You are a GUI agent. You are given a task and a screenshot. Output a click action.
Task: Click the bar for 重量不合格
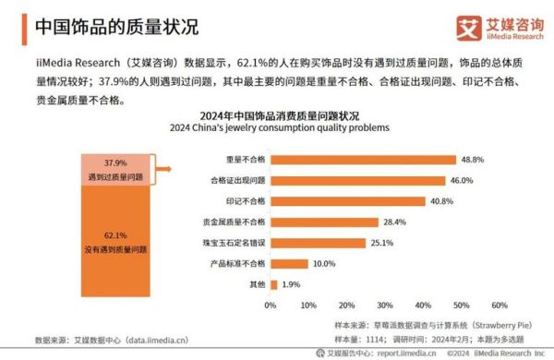(x=363, y=159)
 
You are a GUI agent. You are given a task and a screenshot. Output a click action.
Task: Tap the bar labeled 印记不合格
(x=347, y=201)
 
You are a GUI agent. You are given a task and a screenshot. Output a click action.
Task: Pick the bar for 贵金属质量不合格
(x=324, y=222)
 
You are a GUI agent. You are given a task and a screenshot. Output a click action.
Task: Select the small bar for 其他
(x=273, y=285)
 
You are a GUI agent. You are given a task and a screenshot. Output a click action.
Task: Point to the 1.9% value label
(x=292, y=285)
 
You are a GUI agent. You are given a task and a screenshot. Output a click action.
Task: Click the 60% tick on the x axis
(x=500, y=305)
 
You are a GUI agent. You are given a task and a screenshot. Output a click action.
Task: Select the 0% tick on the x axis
(x=271, y=305)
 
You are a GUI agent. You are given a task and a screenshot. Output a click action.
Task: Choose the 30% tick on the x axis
(x=385, y=305)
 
